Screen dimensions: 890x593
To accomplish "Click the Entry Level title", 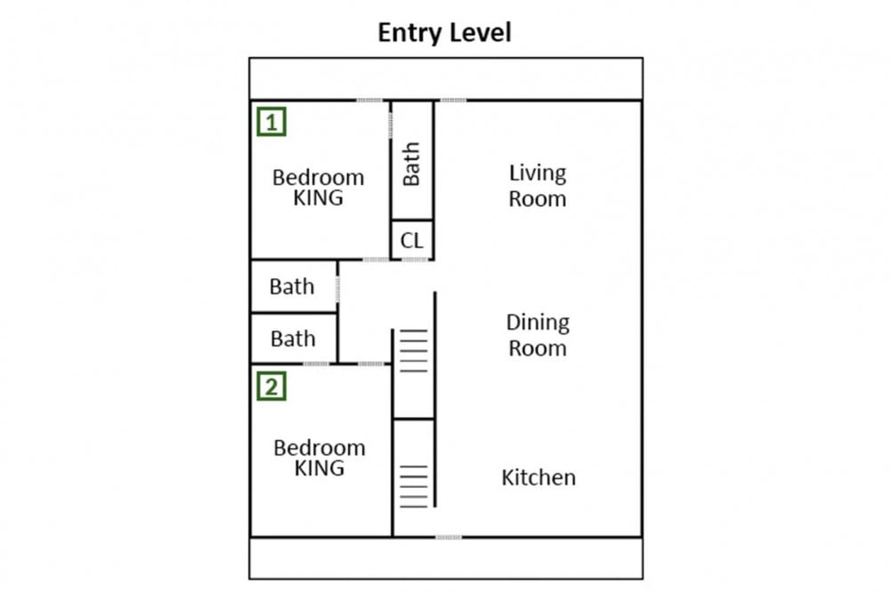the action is [444, 33].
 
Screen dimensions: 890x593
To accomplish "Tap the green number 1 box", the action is [271, 122].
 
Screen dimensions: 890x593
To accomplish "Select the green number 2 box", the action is [271, 387].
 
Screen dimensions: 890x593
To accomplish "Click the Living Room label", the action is [538, 186].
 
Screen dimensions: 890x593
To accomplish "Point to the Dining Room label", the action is [538, 335].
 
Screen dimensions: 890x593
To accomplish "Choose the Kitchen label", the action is [538, 477].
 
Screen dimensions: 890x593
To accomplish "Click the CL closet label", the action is [412, 240].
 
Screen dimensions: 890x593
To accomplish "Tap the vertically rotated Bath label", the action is [411, 164].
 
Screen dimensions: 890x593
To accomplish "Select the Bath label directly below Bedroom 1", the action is [292, 286].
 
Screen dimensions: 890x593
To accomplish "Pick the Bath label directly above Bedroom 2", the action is [293, 339].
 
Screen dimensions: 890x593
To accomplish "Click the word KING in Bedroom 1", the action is [318, 198].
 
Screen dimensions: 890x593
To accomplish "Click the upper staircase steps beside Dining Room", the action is [414, 351].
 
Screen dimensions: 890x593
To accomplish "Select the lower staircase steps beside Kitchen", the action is [414, 486].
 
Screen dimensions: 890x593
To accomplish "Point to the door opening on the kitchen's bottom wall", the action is [449, 537].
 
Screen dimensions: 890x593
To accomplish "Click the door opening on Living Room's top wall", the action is [454, 100].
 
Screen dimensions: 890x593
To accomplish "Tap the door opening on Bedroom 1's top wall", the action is [369, 100].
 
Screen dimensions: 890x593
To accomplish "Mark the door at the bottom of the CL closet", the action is [415, 260].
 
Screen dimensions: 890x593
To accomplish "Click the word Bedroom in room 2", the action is [320, 448].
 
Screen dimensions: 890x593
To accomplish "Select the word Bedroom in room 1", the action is [319, 178].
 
